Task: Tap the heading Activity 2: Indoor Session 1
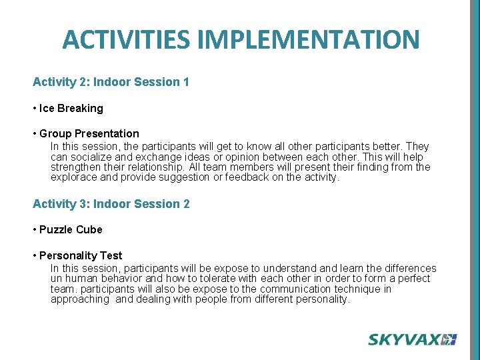(x=111, y=82)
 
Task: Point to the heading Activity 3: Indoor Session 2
(x=111, y=204)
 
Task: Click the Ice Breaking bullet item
(x=71, y=108)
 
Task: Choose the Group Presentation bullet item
(x=89, y=133)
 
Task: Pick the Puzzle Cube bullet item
(x=70, y=229)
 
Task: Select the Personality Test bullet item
(x=80, y=255)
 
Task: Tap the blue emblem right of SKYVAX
(x=450, y=339)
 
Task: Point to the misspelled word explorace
(x=73, y=178)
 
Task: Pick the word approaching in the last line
(x=79, y=300)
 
